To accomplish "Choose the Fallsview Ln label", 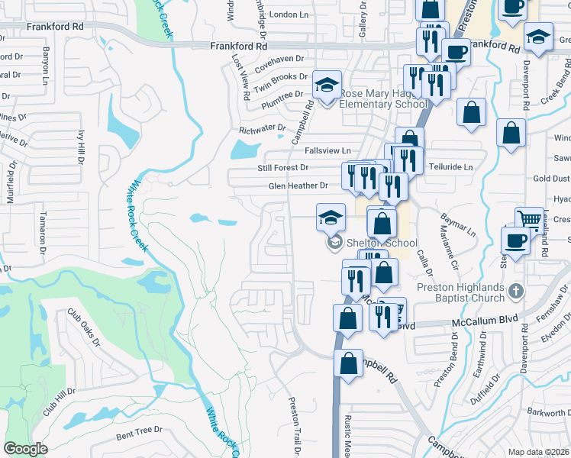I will point(327,150).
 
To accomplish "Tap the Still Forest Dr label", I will point(282,167).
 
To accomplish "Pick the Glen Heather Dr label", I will point(298,185).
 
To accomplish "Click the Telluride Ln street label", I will point(451,166).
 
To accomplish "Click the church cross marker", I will point(516,291).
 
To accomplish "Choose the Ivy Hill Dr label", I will point(80,145).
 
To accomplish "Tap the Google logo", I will point(25,448).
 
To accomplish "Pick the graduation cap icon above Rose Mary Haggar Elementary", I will point(327,85).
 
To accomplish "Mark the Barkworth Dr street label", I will point(549,413).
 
